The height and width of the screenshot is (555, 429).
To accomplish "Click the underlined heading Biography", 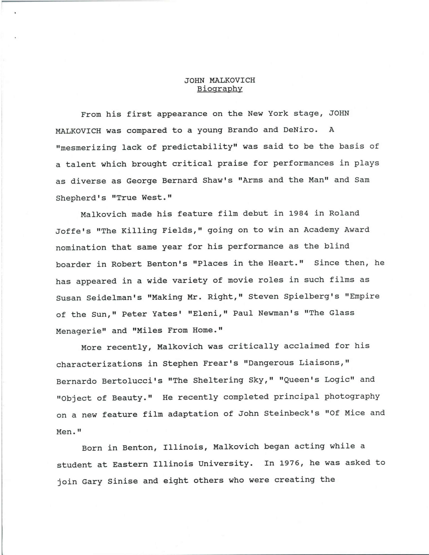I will click(220, 89).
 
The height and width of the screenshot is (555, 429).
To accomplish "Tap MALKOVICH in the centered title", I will click(232, 81).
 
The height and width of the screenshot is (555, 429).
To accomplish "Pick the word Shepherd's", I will click(81, 198).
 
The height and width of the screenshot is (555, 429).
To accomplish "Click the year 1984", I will click(298, 213).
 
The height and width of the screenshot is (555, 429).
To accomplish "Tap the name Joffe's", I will click(73, 231).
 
